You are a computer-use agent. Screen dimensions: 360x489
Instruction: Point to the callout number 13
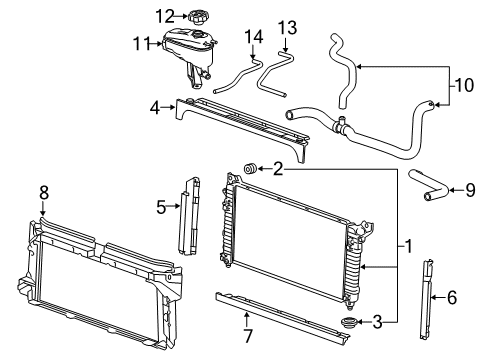(287, 25)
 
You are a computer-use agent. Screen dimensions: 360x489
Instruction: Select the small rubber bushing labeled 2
(252, 167)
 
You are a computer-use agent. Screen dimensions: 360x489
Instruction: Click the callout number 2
(279, 168)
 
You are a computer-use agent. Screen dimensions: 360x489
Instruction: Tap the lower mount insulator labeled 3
(352, 323)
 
